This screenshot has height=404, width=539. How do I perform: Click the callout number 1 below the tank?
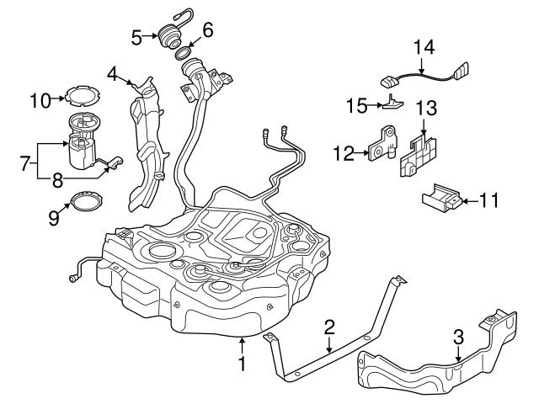click(243, 366)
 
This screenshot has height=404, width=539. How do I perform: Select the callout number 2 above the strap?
click(329, 326)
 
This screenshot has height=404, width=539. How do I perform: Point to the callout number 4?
click(113, 73)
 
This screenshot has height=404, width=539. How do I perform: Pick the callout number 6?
click(207, 29)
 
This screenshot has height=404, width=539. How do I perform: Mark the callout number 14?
click(427, 47)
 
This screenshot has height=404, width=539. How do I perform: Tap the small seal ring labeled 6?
click(185, 56)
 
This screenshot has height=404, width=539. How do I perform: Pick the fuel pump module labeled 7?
click(84, 145)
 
